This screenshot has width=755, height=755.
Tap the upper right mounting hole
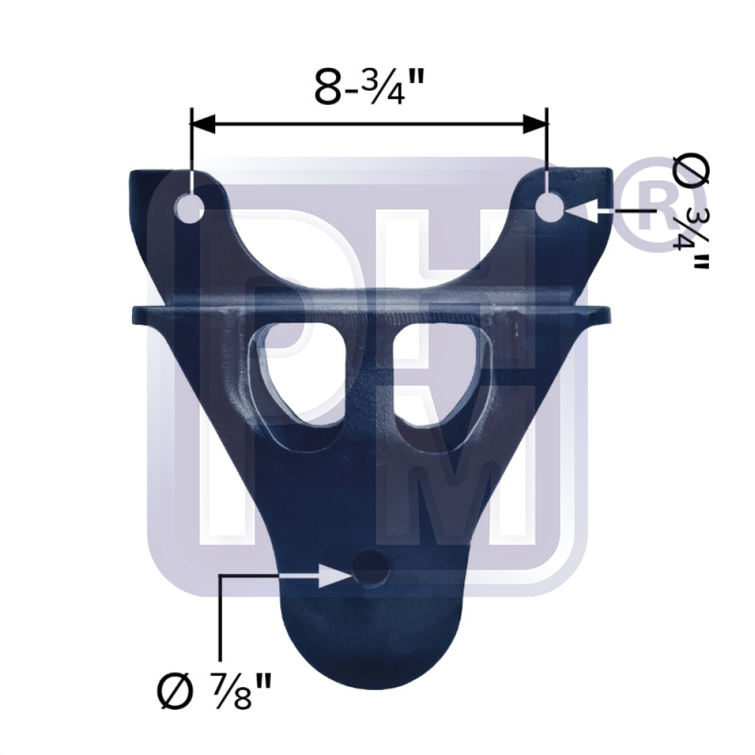click(x=550, y=206)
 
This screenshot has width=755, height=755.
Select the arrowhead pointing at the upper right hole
click(x=575, y=208)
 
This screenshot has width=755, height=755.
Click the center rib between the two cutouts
click(x=370, y=377)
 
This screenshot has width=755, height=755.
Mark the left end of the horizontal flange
click(x=137, y=313)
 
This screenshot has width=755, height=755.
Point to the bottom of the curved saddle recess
click(x=370, y=291)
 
